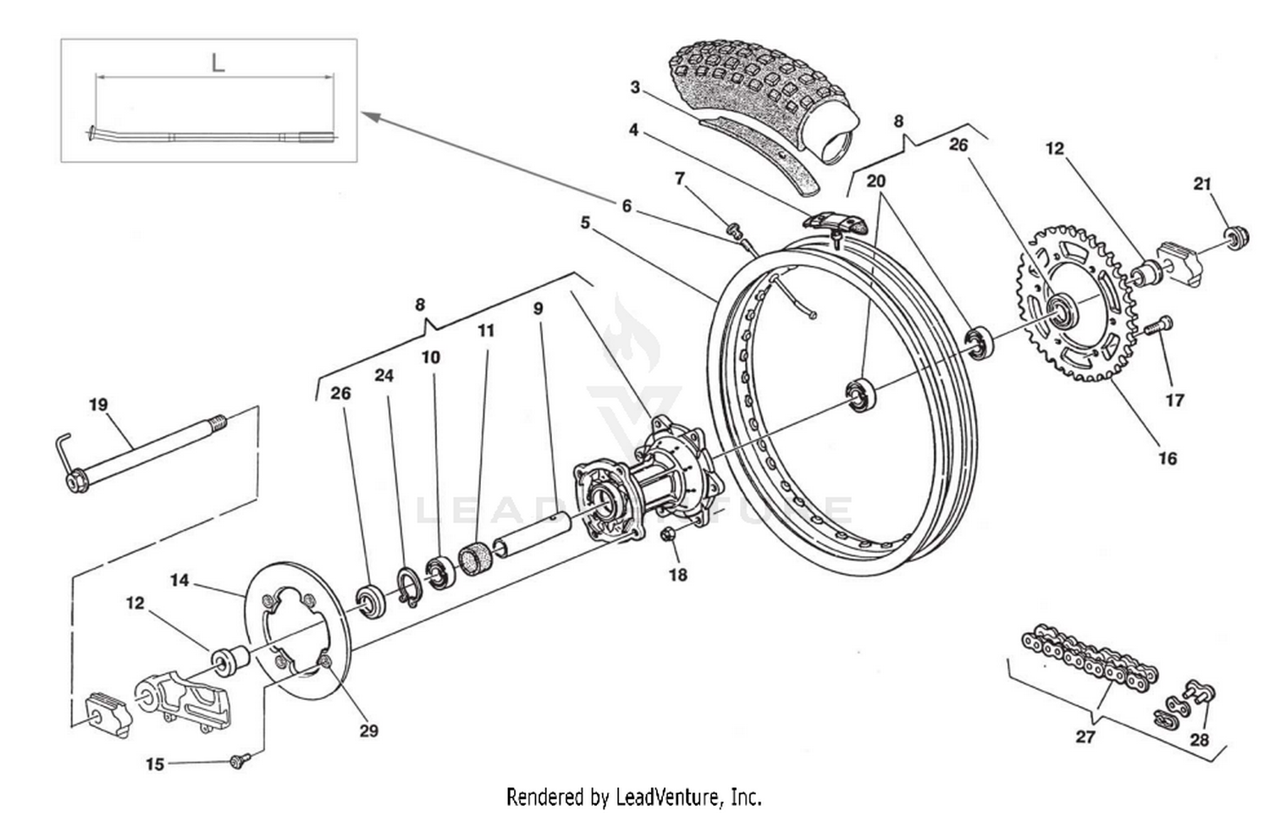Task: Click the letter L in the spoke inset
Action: pos(218,63)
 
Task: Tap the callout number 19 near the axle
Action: pos(98,405)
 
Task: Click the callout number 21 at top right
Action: pos(1202,184)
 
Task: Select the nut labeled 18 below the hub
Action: pos(667,535)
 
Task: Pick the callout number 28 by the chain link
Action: pos(1199,740)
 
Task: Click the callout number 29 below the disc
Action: pos(368,731)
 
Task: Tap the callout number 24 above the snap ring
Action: pos(384,375)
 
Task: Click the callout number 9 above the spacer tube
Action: pos(538,309)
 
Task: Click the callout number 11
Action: pos(485,330)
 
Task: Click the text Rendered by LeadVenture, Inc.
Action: pos(633,797)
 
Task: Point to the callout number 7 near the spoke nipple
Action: pos(679,178)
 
